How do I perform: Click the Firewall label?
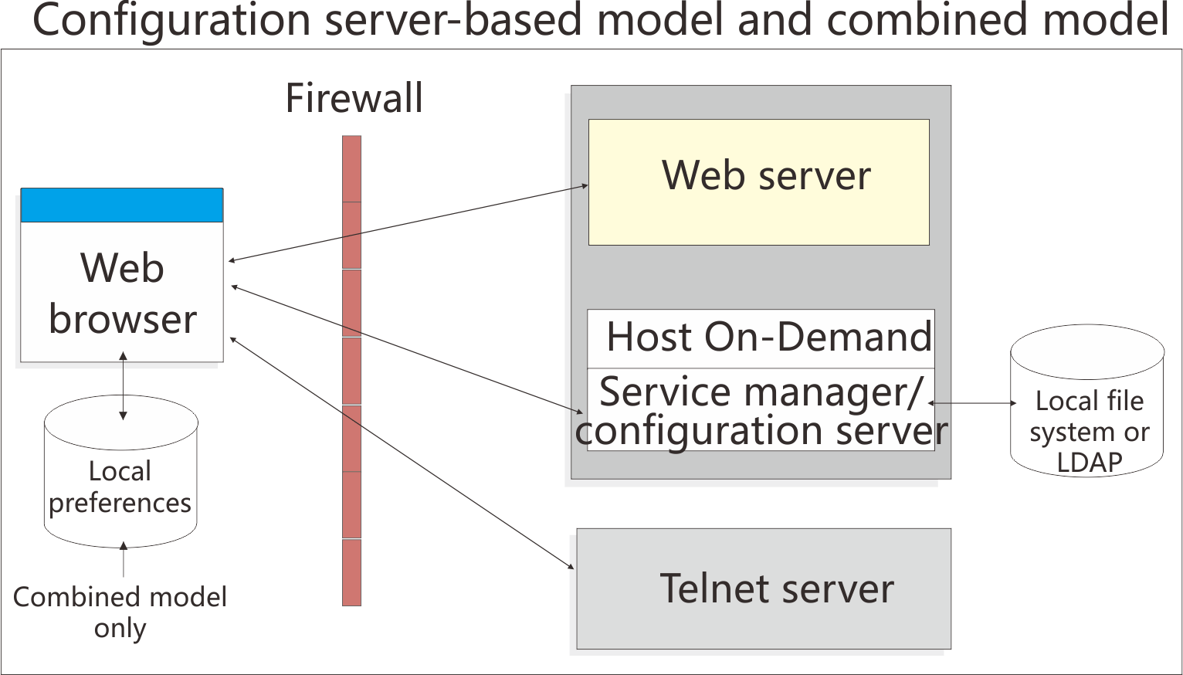click(x=354, y=99)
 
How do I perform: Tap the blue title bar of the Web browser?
click(x=122, y=205)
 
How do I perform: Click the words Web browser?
click(x=122, y=293)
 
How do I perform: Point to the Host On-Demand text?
click(x=768, y=337)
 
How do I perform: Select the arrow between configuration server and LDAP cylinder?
click(x=973, y=403)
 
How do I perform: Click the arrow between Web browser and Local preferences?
click(x=123, y=386)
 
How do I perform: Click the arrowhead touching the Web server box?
click(x=584, y=185)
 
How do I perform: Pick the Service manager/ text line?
click(x=761, y=392)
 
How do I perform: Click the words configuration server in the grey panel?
click(x=761, y=431)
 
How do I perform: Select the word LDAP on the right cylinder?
click(x=1089, y=462)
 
